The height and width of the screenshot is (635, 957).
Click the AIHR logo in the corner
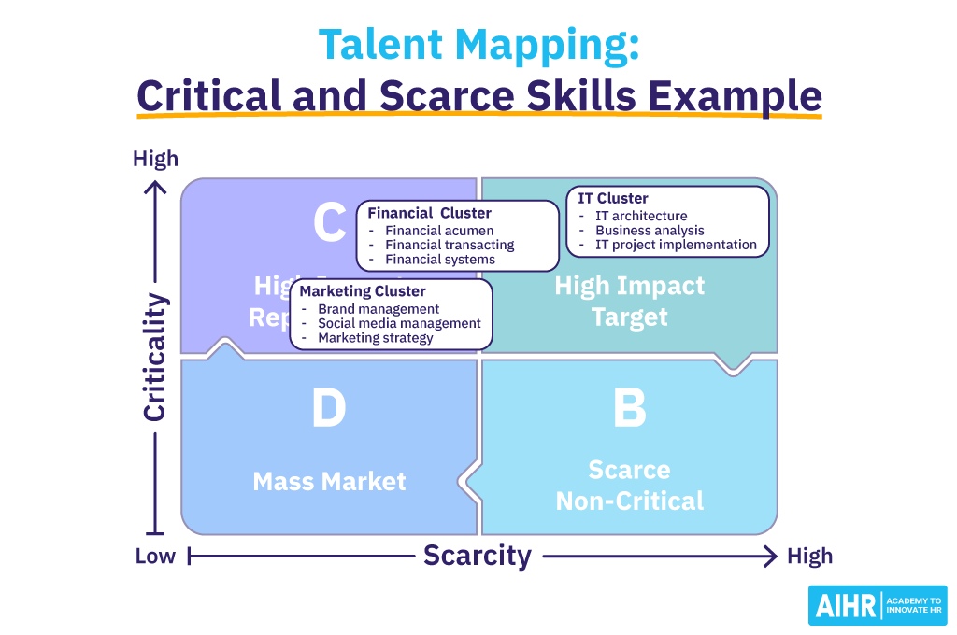tap(877, 605)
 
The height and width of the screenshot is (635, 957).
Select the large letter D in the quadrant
tap(328, 410)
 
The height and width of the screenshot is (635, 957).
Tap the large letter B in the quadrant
tap(630, 410)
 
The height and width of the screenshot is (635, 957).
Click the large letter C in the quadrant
tap(329, 224)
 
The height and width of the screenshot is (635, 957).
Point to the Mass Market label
tap(329, 482)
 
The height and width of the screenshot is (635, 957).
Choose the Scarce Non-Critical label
tap(630, 485)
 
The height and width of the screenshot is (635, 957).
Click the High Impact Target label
tap(630, 301)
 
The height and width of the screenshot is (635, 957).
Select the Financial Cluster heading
tap(429, 213)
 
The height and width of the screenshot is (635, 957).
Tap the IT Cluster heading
tap(612, 198)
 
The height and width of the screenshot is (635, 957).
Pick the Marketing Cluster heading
tap(363, 291)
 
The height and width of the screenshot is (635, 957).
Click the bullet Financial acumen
tap(439, 231)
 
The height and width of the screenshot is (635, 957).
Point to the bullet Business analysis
tap(650, 231)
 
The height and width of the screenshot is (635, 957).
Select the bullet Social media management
tap(399, 323)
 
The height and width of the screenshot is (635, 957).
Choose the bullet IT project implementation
tap(676, 245)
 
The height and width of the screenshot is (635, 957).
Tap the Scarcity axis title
tap(478, 556)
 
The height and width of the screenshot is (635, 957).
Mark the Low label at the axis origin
tap(155, 557)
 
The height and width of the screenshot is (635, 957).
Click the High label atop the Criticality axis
tap(155, 159)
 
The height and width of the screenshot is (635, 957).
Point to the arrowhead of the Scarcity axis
tap(770, 557)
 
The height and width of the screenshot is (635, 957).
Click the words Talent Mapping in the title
tap(478, 45)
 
